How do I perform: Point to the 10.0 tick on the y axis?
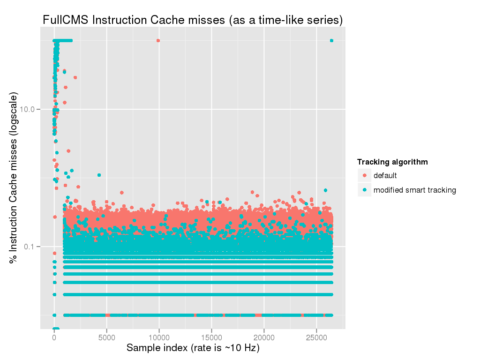30,109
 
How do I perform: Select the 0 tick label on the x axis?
54,337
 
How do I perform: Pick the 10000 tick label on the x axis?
159,337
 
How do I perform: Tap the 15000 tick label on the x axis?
211,337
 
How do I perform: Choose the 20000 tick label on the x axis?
264,337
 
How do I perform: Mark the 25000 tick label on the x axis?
316,337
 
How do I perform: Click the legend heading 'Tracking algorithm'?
392,162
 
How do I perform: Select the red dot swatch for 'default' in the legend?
364,176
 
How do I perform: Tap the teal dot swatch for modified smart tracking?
364,190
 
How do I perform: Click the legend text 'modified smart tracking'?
414,190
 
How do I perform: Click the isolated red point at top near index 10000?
158,41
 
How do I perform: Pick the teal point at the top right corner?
331,41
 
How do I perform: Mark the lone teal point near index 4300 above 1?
99,175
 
